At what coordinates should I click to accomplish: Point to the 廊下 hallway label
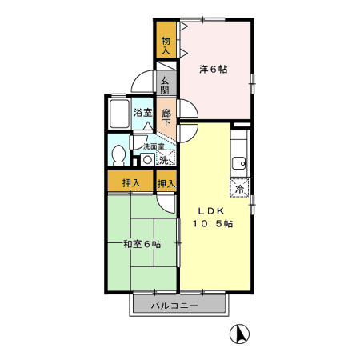[x=166, y=118]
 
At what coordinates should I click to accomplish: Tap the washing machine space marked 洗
[x=164, y=160]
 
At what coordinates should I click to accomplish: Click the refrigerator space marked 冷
[x=240, y=189]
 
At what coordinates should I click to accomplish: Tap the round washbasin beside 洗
[x=147, y=159]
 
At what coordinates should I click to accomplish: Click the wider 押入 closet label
[x=131, y=182]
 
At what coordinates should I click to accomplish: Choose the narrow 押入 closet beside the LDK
[x=166, y=183]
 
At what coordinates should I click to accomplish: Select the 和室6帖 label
[x=142, y=244]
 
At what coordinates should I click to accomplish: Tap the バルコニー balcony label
[x=178, y=305]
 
